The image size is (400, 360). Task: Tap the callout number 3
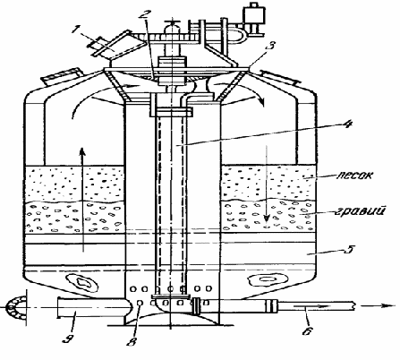pyautogui.click(x=270, y=47)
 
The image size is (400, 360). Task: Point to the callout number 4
pyautogui.click(x=347, y=124)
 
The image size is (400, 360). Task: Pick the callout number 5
pyautogui.click(x=349, y=249)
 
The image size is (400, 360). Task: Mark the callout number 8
pyautogui.click(x=132, y=341)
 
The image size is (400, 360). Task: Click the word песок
pyautogui.click(x=355, y=175)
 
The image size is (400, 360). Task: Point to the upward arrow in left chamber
pyautogui.click(x=82, y=199)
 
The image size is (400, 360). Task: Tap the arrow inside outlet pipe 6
pyautogui.click(x=311, y=306)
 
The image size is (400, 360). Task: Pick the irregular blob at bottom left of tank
pyautogui.click(x=82, y=282)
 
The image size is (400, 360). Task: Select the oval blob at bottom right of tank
pyautogui.click(x=266, y=279)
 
